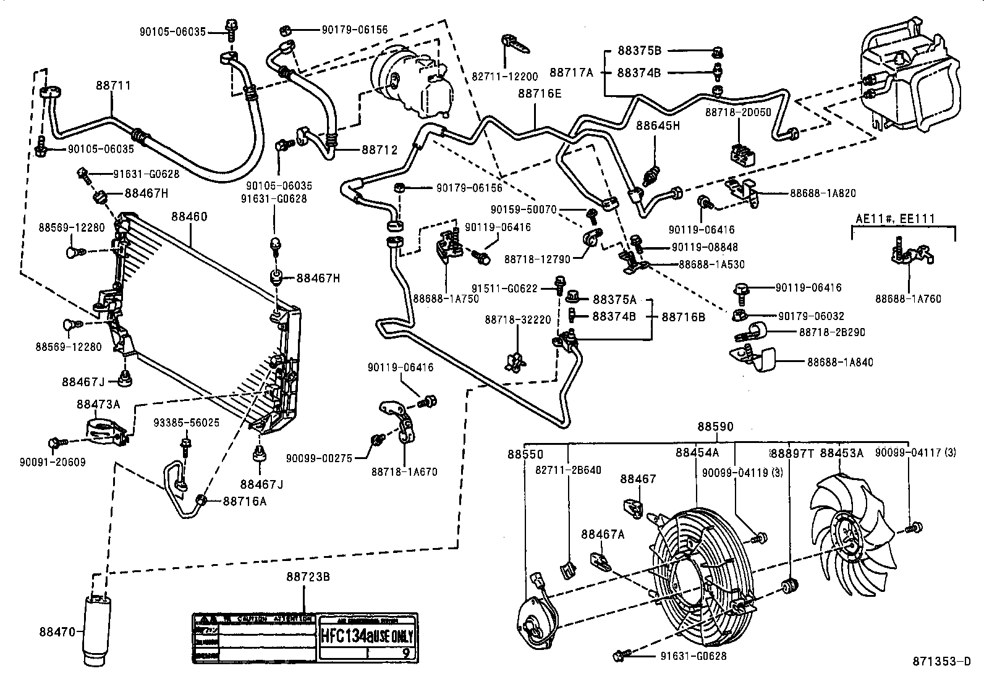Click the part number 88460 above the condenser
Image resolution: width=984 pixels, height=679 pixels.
189,217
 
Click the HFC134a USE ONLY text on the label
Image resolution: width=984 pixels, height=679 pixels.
367,636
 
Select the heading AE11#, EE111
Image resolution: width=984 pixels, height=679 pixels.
895,218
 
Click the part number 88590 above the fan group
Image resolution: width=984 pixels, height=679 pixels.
716,426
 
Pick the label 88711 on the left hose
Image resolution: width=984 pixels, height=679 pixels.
113,86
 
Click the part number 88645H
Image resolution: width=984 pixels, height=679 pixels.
658,126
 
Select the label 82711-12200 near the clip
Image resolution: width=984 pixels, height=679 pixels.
505,77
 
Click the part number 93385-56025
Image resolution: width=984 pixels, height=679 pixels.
186,423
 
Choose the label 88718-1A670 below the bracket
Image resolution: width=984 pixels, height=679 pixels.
404,471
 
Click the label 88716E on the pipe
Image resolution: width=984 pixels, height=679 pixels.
540,93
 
